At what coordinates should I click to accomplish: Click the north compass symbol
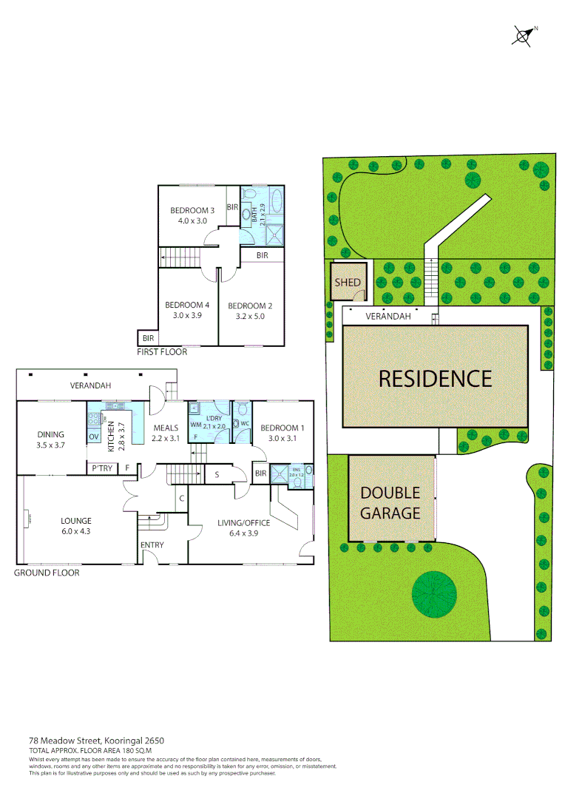[523, 35]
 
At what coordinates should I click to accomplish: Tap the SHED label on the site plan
[348, 283]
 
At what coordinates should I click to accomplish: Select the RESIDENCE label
[435, 379]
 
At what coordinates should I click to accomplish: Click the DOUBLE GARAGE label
[390, 502]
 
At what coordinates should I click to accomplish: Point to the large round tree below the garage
[435, 594]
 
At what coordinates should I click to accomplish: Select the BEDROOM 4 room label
[187, 305]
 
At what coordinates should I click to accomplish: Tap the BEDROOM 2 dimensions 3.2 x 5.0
[251, 316]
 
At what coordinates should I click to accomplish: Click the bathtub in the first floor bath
[277, 202]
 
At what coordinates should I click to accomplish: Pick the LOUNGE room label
[75, 521]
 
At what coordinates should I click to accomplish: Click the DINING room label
[51, 434]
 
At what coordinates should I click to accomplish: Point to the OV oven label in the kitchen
[94, 437]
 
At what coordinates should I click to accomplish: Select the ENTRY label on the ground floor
[152, 545]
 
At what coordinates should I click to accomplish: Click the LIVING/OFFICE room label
[243, 523]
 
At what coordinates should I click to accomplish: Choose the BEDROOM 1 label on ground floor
[282, 428]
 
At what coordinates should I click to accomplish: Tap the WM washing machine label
[195, 425]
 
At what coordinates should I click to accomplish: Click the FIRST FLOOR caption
[162, 352]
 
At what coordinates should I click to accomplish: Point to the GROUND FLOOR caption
[47, 573]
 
